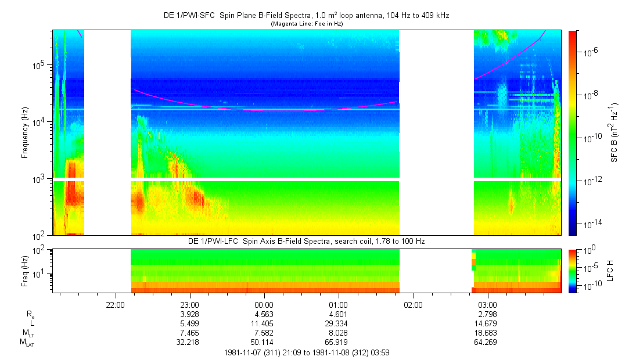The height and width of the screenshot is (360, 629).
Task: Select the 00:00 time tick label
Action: click(264, 304)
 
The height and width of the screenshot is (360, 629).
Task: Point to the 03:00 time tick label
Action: click(487, 304)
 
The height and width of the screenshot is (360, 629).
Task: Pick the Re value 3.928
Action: click(190, 314)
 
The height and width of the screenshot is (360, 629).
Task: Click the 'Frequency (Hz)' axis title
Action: click(25, 133)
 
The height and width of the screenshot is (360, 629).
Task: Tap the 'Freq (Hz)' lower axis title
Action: click(25, 271)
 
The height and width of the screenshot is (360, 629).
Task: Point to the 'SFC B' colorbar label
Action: click(614, 133)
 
